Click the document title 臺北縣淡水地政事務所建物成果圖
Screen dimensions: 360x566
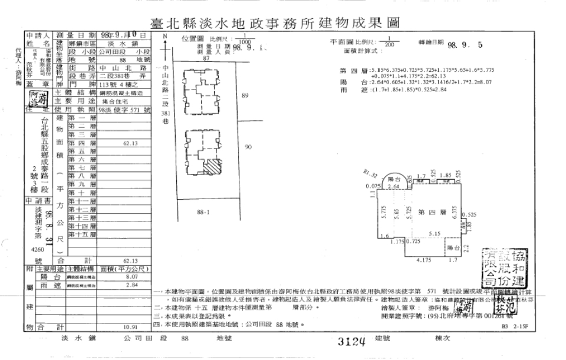tap(283, 24)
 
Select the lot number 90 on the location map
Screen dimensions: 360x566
tap(248, 147)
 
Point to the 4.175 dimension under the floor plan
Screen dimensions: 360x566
tap(422, 259)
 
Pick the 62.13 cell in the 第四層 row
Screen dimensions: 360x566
tap(130, 143)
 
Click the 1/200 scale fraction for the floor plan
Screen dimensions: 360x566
tap(389, 42)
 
